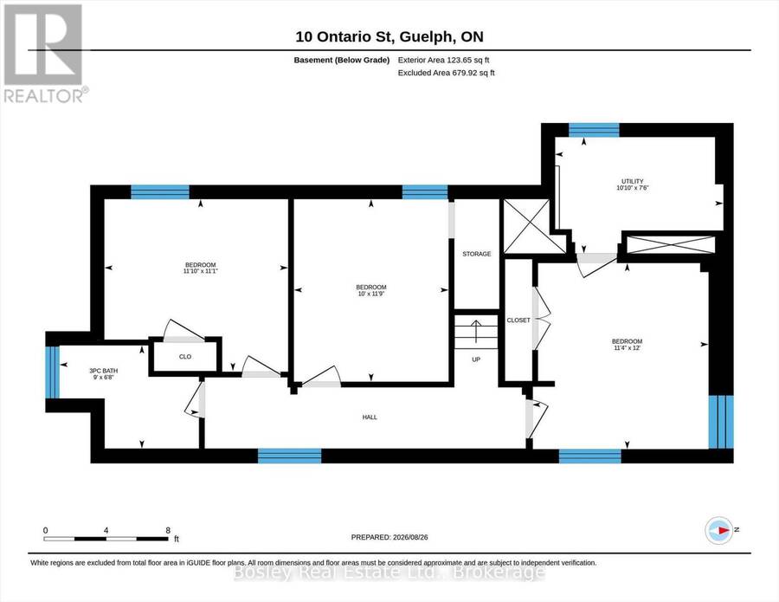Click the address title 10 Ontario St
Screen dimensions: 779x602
344,36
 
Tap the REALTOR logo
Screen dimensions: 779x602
45,54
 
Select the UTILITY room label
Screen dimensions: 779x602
633,181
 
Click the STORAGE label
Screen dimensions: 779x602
476,254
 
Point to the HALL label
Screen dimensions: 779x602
370,418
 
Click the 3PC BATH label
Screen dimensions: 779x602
103,371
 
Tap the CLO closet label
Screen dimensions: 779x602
185,357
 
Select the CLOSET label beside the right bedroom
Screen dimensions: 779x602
518,320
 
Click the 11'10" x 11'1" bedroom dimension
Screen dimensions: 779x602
201,271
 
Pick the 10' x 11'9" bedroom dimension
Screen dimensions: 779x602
371,294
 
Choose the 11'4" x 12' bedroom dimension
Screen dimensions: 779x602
627,348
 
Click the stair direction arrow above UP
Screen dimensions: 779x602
476,332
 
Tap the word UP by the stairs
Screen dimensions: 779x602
476,359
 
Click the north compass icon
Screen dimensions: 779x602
719,530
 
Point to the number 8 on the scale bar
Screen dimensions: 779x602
168,530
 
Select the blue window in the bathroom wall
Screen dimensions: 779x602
52,372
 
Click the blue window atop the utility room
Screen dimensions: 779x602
594,130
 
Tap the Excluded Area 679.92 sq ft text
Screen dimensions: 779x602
446,73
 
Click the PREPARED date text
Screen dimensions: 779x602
389,537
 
